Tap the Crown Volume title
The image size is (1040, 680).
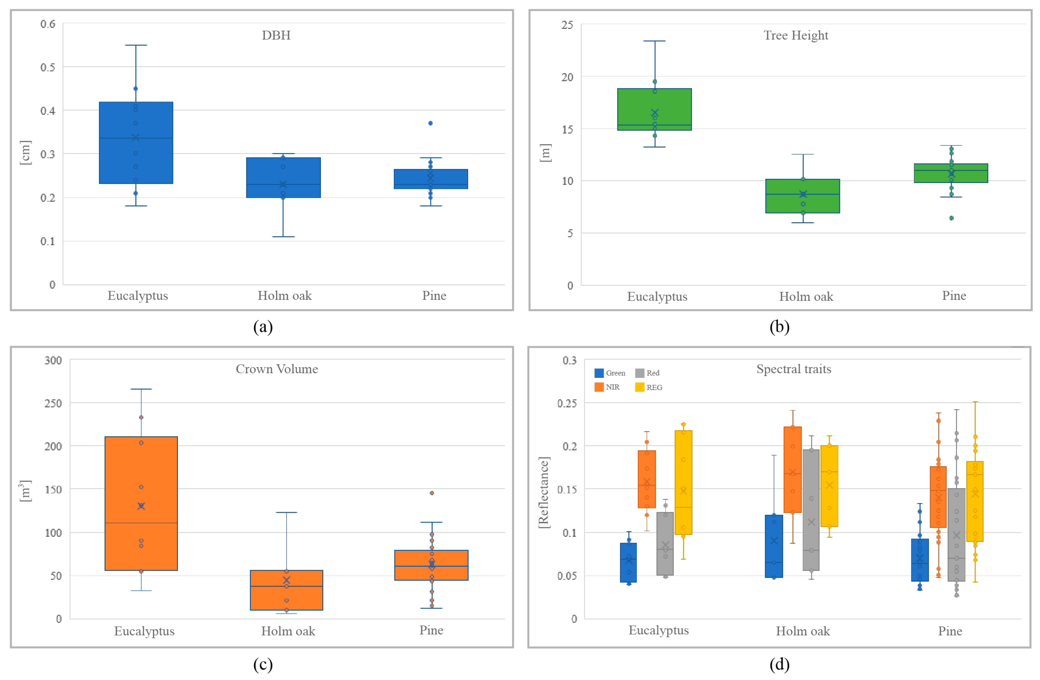(x=277, y=369)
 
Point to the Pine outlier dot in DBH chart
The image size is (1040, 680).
(x=430, y=123)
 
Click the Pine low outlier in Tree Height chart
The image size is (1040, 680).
(x=951, y=218)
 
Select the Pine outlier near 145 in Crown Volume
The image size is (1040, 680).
(x=432, y=493)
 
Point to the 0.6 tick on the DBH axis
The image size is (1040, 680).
(x=48, y=24)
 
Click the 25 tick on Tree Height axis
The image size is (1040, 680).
(x=567, y=25)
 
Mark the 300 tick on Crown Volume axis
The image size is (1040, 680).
(x=53, y=360)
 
